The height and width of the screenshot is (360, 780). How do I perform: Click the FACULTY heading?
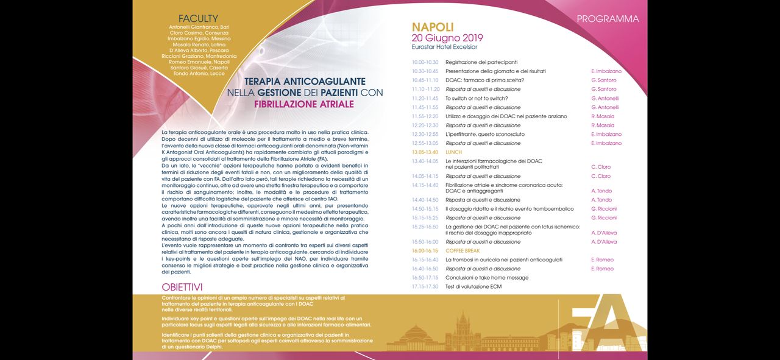(x=198, y=19)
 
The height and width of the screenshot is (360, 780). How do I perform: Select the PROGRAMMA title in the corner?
(x=608, y=19)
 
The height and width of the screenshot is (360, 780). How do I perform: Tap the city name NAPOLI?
(x=433, y=27)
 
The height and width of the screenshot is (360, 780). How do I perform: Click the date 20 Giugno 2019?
(x=447, y=38)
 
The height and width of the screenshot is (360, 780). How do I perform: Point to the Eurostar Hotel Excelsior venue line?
(x=444, y=47)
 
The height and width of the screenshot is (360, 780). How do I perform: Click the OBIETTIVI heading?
(x=182, y=287)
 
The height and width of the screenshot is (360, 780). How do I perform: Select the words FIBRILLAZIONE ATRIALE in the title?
(x=303, y=104)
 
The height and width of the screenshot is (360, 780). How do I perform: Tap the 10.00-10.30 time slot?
(x=425, y=62)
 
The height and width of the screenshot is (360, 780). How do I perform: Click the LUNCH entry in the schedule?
(x=453, y=152)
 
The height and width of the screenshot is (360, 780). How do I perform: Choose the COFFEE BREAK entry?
(x=463, y=251)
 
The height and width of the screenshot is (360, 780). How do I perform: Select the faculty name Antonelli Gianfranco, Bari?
(x=199, y=27)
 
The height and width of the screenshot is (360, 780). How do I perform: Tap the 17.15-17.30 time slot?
(x=425, y=286)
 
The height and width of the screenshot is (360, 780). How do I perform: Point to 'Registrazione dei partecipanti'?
(x=481, y=62)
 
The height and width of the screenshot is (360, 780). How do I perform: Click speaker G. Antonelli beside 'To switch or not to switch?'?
(x=604, y=98)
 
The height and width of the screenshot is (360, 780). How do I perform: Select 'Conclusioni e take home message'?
(x=487, y=278)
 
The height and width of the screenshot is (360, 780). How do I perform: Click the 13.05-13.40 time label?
(x=425, y=152)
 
